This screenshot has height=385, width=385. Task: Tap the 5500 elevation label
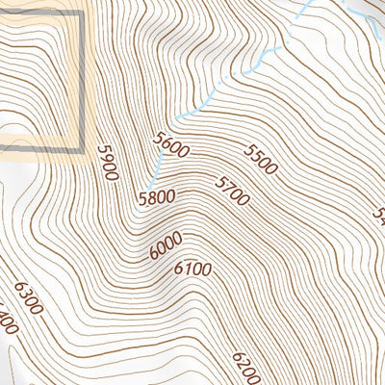[x=260, y=159]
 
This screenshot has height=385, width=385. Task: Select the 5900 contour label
[x=107, y=163]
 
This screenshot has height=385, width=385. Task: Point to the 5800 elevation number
[x=157, y=199]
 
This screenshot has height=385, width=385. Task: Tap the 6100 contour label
[x=192, y=269]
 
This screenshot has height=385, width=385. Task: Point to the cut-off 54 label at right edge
[x=379, y=214]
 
